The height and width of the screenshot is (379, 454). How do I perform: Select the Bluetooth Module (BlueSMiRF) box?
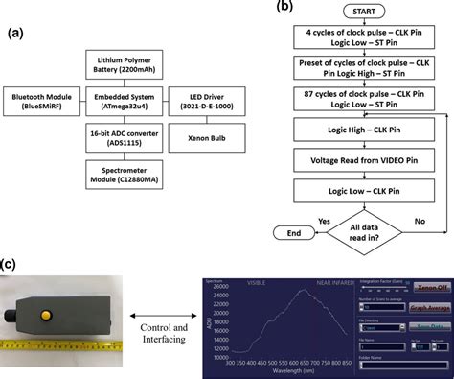click(x=48, y=102)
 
